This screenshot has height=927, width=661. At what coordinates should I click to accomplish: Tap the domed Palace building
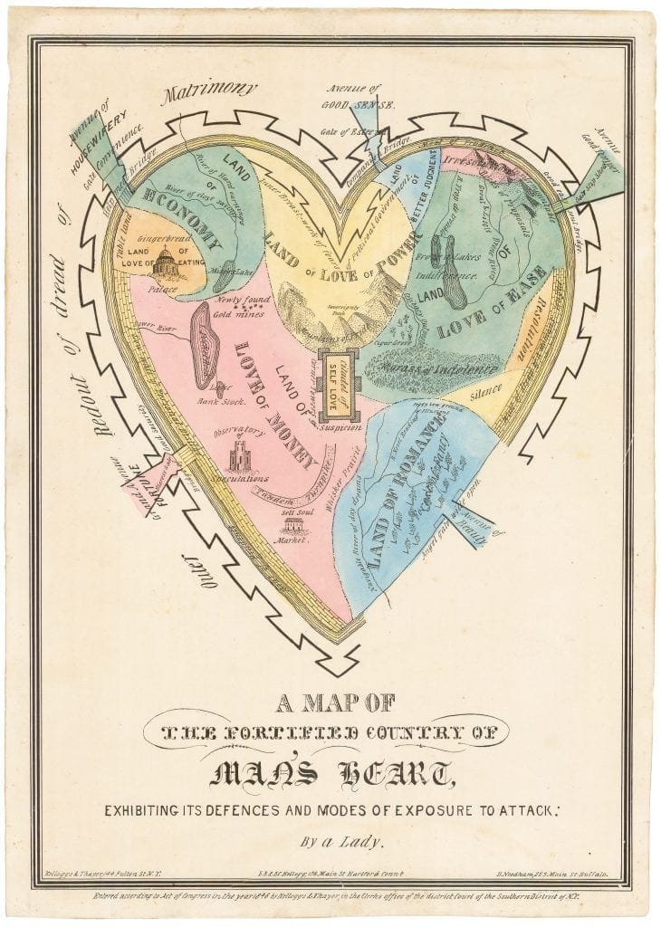pos(166,264)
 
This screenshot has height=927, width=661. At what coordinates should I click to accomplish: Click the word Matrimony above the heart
pos(209,94)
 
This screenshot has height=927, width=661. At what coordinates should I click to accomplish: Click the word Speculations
pos(238,477)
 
